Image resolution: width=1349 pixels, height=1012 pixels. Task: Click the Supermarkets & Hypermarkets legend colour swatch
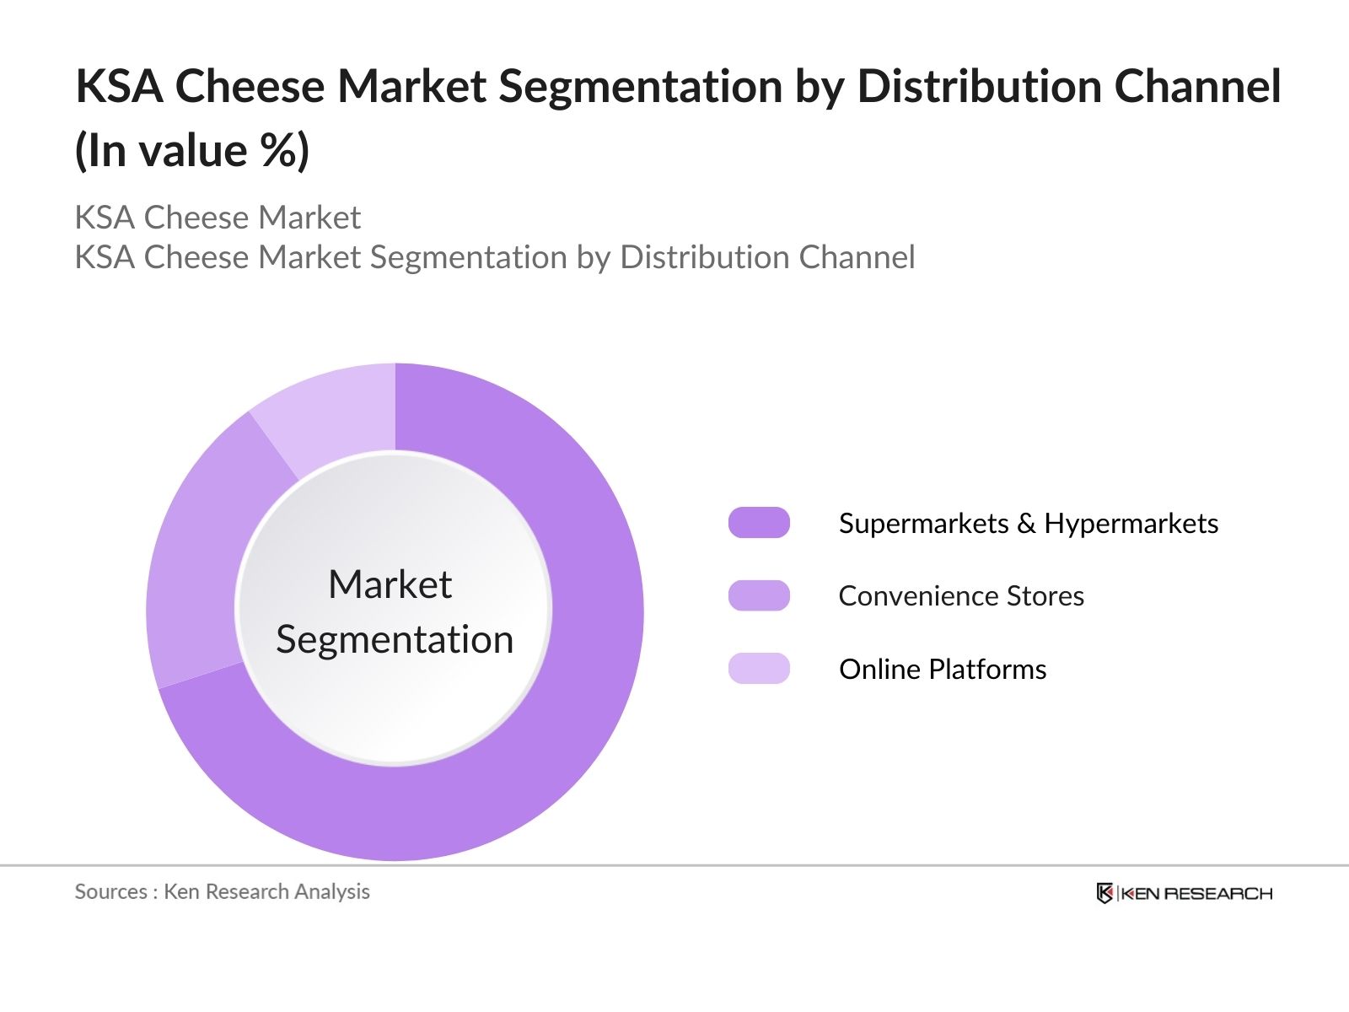pyautogui.click(x=759, y=523)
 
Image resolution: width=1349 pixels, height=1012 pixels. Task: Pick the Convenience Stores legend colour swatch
pyautogui.click(x=759, y=595)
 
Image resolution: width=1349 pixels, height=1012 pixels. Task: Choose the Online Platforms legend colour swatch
pyautogui.click(x=759, y=669)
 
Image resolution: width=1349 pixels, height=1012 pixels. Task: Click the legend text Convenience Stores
pyautogui.click(x=961, y=596)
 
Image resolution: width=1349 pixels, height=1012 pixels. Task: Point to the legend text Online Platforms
pyautogui.click(x=943, y=670)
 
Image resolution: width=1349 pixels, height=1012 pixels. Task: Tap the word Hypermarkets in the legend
pyautogui.click(x=1131, y=524)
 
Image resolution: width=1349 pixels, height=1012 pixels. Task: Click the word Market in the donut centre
pyautogui.click(x=390, y=584)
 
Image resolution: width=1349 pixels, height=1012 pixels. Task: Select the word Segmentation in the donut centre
pyautogui.click(x=395, y=639)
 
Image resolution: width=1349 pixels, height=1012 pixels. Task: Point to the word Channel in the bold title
pyautogui.click(x=1198, y=87)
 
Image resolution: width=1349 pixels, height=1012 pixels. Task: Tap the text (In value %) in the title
pyautogui.click(x=192, y=152)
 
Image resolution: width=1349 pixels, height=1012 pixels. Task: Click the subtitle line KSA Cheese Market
pyautogui.click(x=218, y=218)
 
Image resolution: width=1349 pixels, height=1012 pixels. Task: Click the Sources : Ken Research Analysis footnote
pyautogui.click(x=222, y=891)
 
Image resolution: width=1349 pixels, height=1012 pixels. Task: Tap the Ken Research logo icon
pyautogui.click(x=1104, y=893)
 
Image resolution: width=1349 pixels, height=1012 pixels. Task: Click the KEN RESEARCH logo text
pyautogui.click(x=1196, y=894)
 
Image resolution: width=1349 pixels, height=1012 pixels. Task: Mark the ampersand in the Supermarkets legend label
pyautogui.click(x=1026, y=524)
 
